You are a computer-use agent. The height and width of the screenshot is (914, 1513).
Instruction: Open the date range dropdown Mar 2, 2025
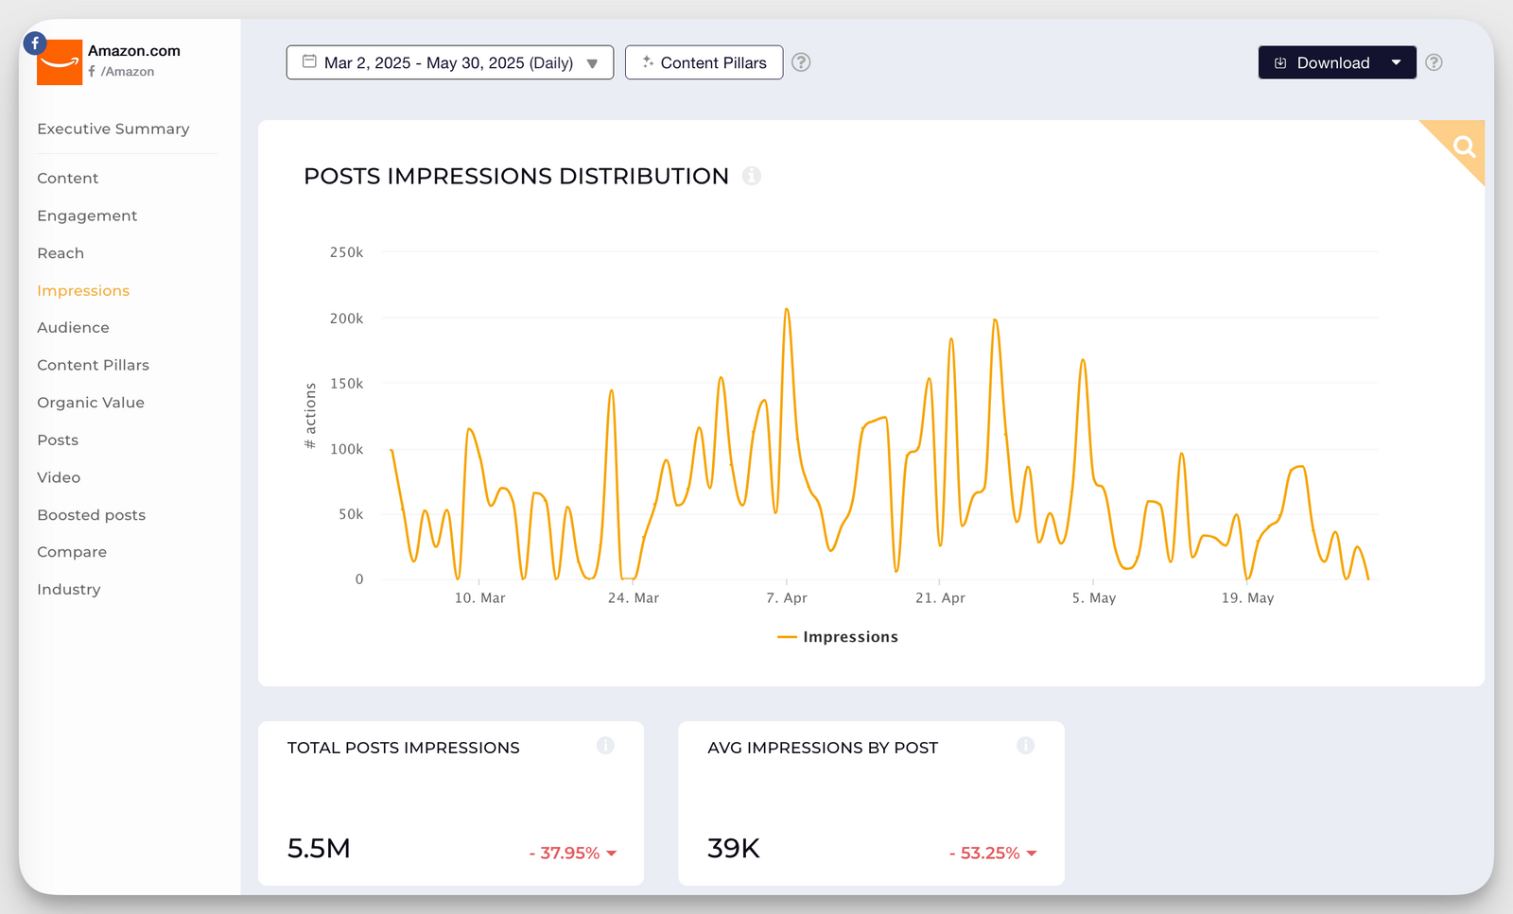point(449,62)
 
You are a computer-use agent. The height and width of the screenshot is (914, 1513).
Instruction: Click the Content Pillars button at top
point(704,62)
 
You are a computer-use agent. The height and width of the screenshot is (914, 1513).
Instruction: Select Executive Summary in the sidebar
point(113,129)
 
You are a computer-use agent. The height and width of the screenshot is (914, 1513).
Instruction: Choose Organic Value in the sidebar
point(91,403)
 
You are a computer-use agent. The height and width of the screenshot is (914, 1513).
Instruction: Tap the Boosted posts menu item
point(91,515)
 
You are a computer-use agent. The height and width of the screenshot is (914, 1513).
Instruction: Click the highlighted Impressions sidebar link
point(83,291)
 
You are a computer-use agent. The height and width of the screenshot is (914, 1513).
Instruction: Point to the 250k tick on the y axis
point(346,252)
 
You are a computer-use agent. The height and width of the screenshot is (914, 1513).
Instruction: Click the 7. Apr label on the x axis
point(787,598)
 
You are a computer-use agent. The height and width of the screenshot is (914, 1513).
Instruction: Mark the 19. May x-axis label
point(1247,598)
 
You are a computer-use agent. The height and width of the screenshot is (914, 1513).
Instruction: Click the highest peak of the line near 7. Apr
point(786,309)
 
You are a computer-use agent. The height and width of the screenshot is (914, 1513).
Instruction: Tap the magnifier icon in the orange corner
point(1464,147)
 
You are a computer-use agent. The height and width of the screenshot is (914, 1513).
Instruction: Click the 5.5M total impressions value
point(319,849)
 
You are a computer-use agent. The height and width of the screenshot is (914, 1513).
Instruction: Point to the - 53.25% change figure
point(991,853)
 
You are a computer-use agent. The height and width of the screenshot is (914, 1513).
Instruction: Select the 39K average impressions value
point(734,849)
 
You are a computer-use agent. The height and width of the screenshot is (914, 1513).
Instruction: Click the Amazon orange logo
point(60,62)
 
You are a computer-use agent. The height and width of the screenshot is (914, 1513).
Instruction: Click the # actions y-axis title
point(310,416)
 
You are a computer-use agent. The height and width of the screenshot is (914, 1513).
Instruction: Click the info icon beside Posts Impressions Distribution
point(752,176)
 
